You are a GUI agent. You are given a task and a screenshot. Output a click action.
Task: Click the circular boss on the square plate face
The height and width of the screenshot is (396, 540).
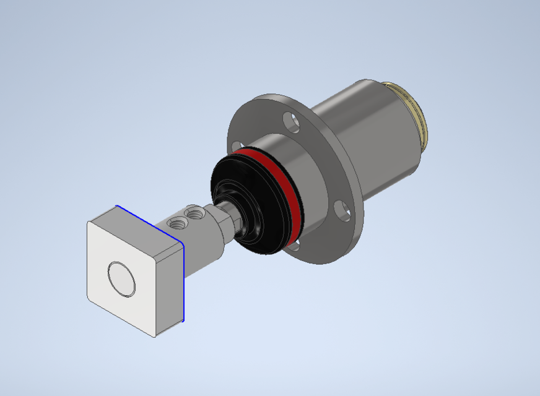(x=121, y=278)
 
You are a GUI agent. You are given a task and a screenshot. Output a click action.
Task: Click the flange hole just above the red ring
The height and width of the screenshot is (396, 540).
(x=236, y=147)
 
